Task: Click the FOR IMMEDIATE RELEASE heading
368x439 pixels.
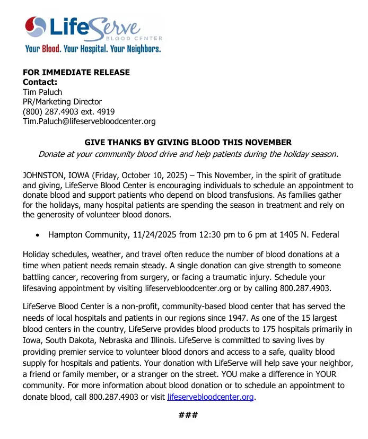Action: (x=76, y=72)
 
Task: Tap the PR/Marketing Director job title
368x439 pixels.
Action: (x=62, y=102)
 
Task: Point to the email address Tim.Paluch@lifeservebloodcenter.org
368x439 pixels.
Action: (x=89, y=121)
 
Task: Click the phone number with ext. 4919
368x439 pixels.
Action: (x=68, y=111)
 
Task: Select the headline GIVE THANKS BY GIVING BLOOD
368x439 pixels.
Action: (x=188, y=143)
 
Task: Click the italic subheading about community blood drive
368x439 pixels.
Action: (x=188, y=154)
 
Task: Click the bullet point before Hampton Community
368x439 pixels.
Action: (x=37, y=235)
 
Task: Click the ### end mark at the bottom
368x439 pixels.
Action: (x=188, y=414)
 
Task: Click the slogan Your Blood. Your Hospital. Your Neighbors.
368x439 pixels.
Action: (x=93, y=49)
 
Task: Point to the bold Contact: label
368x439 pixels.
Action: (x=40, y=82)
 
